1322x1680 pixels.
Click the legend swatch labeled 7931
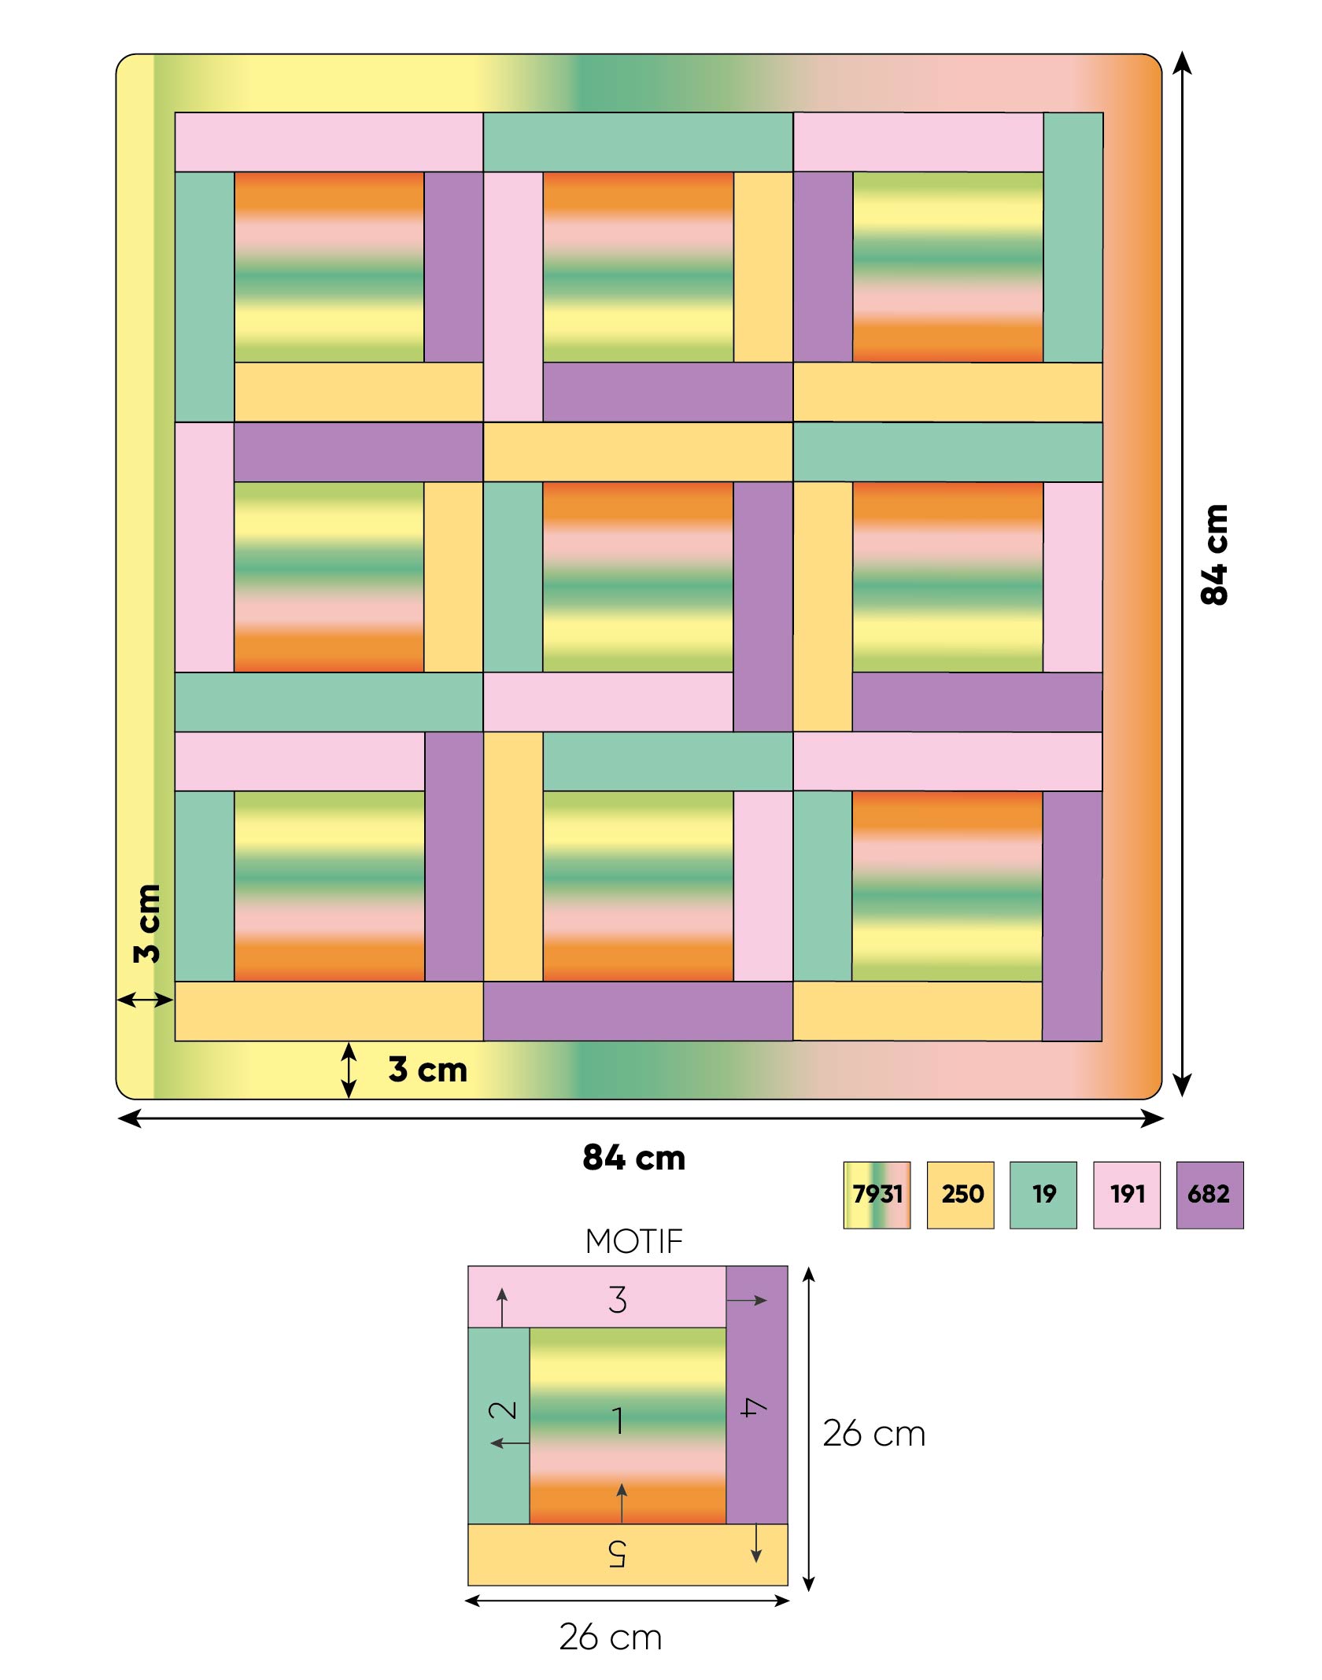877,1195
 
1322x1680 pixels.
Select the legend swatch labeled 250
960,1195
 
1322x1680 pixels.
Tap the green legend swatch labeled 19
1043,1195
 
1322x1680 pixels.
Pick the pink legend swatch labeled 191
1127,1195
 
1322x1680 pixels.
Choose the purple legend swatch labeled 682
1210,1195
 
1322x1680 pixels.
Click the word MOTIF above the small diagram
634,1242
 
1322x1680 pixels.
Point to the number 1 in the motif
619,1420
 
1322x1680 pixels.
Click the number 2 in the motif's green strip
503,1409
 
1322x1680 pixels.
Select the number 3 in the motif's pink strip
618,1299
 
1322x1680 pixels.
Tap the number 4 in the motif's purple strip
754,1407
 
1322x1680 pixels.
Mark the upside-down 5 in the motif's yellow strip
617,1553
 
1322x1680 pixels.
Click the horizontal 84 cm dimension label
634,1158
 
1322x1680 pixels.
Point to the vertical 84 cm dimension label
1214,554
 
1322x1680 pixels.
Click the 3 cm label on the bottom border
428,1070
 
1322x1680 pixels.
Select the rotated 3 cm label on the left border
147,923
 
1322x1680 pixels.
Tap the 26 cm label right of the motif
874,1434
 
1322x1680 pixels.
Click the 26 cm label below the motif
611,1638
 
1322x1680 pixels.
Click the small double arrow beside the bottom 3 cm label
349,1070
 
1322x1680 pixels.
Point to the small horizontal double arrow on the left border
146,1000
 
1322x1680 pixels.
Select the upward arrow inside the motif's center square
622,1502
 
